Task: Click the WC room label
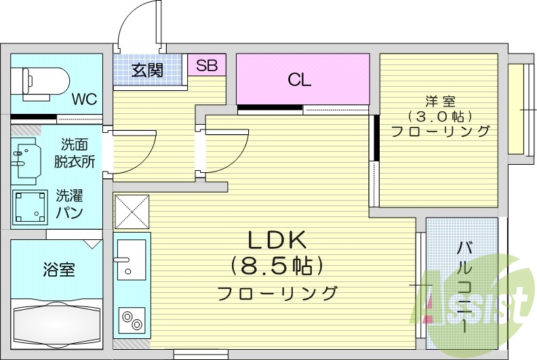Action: (85, 99)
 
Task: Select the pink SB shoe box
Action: (207, 66)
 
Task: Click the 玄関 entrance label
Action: (147, 69)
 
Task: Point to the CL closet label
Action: (299, 79)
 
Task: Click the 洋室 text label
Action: (439, 102)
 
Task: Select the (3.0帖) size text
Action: (439, 117)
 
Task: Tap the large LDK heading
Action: (277, 240)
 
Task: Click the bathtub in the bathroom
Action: (56, 324)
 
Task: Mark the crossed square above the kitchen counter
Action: (132, 212)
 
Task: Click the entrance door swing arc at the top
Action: (139, 27)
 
